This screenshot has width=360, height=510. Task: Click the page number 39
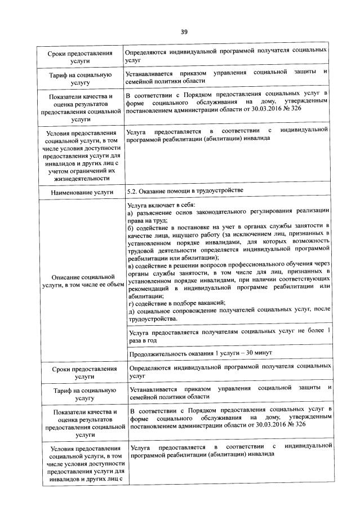[184, 32]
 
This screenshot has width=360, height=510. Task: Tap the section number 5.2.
[134, 190]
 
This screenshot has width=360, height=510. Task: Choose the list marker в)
[131, 265]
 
